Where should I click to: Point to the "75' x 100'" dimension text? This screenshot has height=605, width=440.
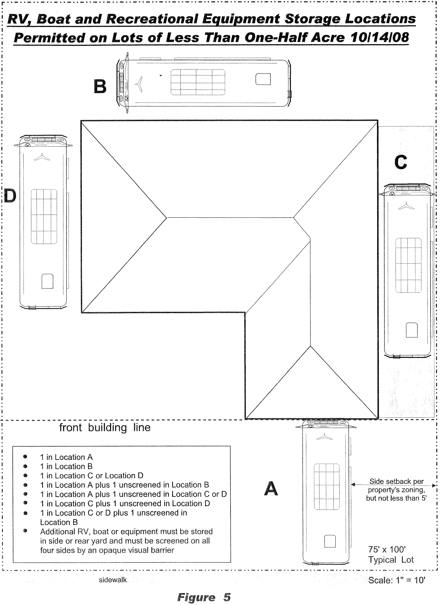[x=387, y=549]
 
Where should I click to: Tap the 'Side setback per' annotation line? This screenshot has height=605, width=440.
[x=396, y=480]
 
